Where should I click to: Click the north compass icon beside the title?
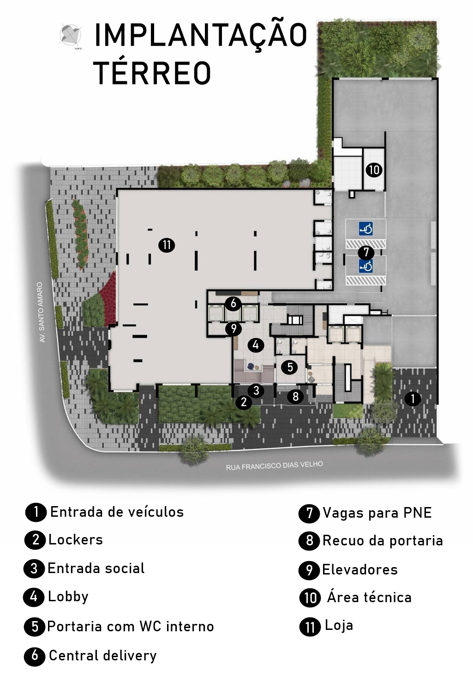point(71,36)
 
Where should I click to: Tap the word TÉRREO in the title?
point(152,72)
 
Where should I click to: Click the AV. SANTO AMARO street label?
point(41,312)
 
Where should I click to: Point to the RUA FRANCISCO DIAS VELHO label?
point(274,465)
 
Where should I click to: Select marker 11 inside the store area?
point(167,245)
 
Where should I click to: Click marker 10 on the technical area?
point(374,169)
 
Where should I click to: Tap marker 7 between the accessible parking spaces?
point(366,252)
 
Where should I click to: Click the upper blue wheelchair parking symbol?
point(366,229)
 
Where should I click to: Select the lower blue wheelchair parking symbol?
point(366,266)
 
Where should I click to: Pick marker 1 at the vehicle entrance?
point(413,398)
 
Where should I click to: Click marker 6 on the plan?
point(233,303)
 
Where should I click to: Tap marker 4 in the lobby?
point(256,345)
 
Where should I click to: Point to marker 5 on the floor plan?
point(290,367)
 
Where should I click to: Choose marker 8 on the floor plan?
point(295,396)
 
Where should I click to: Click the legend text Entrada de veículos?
point(117,512)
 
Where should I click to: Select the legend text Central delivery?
point(103,655)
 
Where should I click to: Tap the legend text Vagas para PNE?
point(377,513)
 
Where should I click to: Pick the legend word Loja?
point(339,625)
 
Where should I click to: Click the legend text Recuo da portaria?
point(383,541)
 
